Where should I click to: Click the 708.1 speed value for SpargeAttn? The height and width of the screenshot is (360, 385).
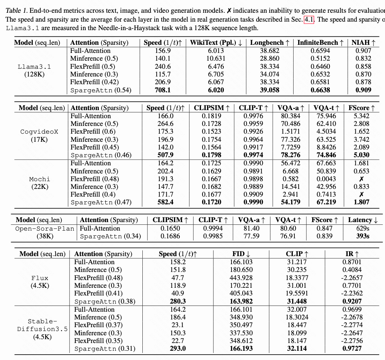(162, 90)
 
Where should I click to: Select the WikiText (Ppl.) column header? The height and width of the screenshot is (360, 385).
(216, 42)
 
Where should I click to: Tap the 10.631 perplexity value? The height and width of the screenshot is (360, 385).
(216, 58)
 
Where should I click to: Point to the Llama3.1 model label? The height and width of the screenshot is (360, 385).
(34, 66)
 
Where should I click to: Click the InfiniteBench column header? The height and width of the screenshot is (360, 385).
(320, 42)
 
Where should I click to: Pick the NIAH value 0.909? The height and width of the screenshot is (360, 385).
(361, 90)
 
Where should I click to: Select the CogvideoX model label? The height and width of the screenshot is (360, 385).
(39, 131)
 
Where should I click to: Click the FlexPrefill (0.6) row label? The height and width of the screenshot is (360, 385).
(93, 131)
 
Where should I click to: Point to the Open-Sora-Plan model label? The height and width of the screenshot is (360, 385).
(44, 228)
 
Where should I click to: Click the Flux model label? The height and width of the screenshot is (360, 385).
(40, 278)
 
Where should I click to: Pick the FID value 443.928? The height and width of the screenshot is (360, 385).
(241, 278)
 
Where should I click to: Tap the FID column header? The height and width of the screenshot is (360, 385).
(241, 254)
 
